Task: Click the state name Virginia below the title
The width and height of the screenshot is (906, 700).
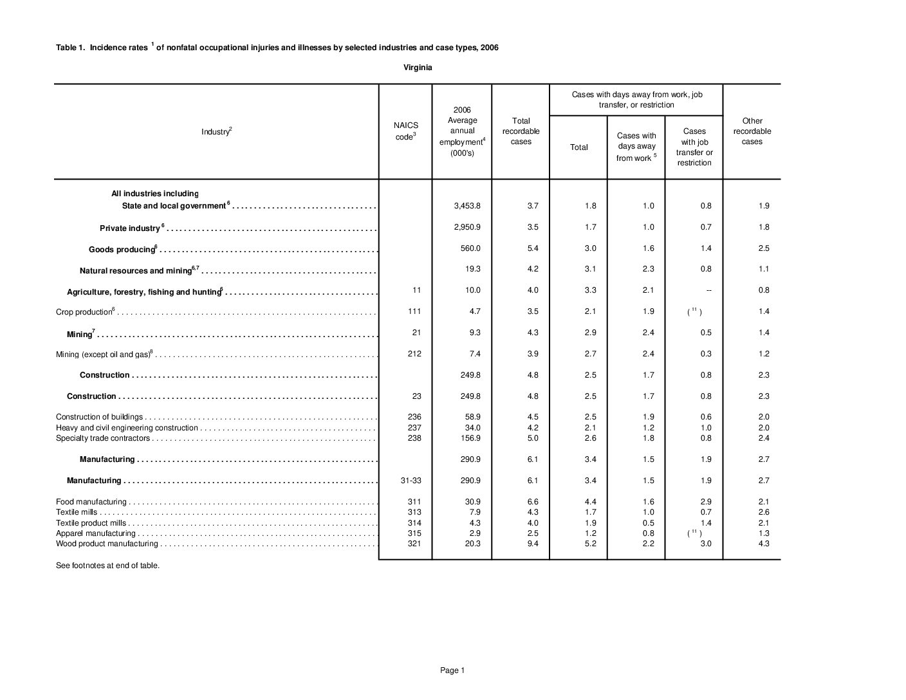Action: click(418, 68)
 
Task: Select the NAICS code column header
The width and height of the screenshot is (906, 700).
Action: click(405, 131)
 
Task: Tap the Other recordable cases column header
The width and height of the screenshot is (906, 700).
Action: click(752, 131)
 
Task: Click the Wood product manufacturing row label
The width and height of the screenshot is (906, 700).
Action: click(107, 544)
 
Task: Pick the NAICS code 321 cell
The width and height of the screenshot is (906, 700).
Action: click(414, 544)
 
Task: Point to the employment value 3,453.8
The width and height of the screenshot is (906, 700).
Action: click(467, 206)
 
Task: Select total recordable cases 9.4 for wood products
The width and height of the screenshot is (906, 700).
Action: click(532, 544)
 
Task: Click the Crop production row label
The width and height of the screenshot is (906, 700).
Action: click(84, 312)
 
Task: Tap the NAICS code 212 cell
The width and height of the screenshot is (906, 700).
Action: click(414, 354)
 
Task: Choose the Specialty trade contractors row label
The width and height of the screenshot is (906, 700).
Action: click(103, 438)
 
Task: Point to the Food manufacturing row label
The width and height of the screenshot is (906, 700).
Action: click(91, 502)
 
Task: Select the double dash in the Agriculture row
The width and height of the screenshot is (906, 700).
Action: click(708, 291)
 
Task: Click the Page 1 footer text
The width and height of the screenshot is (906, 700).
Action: click(452, 670)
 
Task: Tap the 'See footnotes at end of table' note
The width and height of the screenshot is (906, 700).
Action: click(107, 566)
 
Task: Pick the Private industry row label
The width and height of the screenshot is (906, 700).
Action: click(130, 228)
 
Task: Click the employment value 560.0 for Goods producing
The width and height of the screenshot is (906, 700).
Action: click(470, 248)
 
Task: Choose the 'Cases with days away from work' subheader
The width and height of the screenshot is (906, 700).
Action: click(636, 147)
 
